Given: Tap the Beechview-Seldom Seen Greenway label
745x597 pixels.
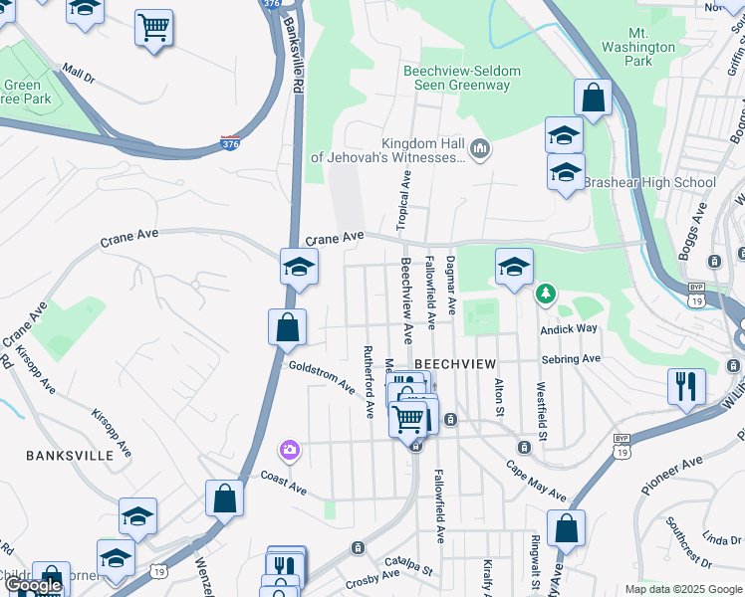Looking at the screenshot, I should tap(456, 79).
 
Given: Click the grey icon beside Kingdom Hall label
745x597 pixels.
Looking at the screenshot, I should tap(480, 150).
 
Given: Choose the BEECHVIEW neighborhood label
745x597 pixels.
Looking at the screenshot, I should tap(454, 364).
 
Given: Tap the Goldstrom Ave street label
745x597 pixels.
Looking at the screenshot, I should tap(322, 375).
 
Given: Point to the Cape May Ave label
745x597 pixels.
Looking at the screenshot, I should tap(535, 482).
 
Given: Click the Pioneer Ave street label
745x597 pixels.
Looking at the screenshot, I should tap(673, 473).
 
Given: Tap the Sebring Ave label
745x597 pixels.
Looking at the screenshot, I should tap(571, 358).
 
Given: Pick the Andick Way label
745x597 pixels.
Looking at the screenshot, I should tap(569, 328).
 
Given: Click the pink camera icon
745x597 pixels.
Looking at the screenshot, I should tap(289, 451).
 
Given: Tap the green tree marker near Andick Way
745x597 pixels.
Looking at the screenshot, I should tap(544, 293).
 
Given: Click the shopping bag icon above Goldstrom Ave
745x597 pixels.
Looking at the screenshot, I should tap(287, 327).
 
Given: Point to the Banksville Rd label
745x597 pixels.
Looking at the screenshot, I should tap(293, 57).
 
